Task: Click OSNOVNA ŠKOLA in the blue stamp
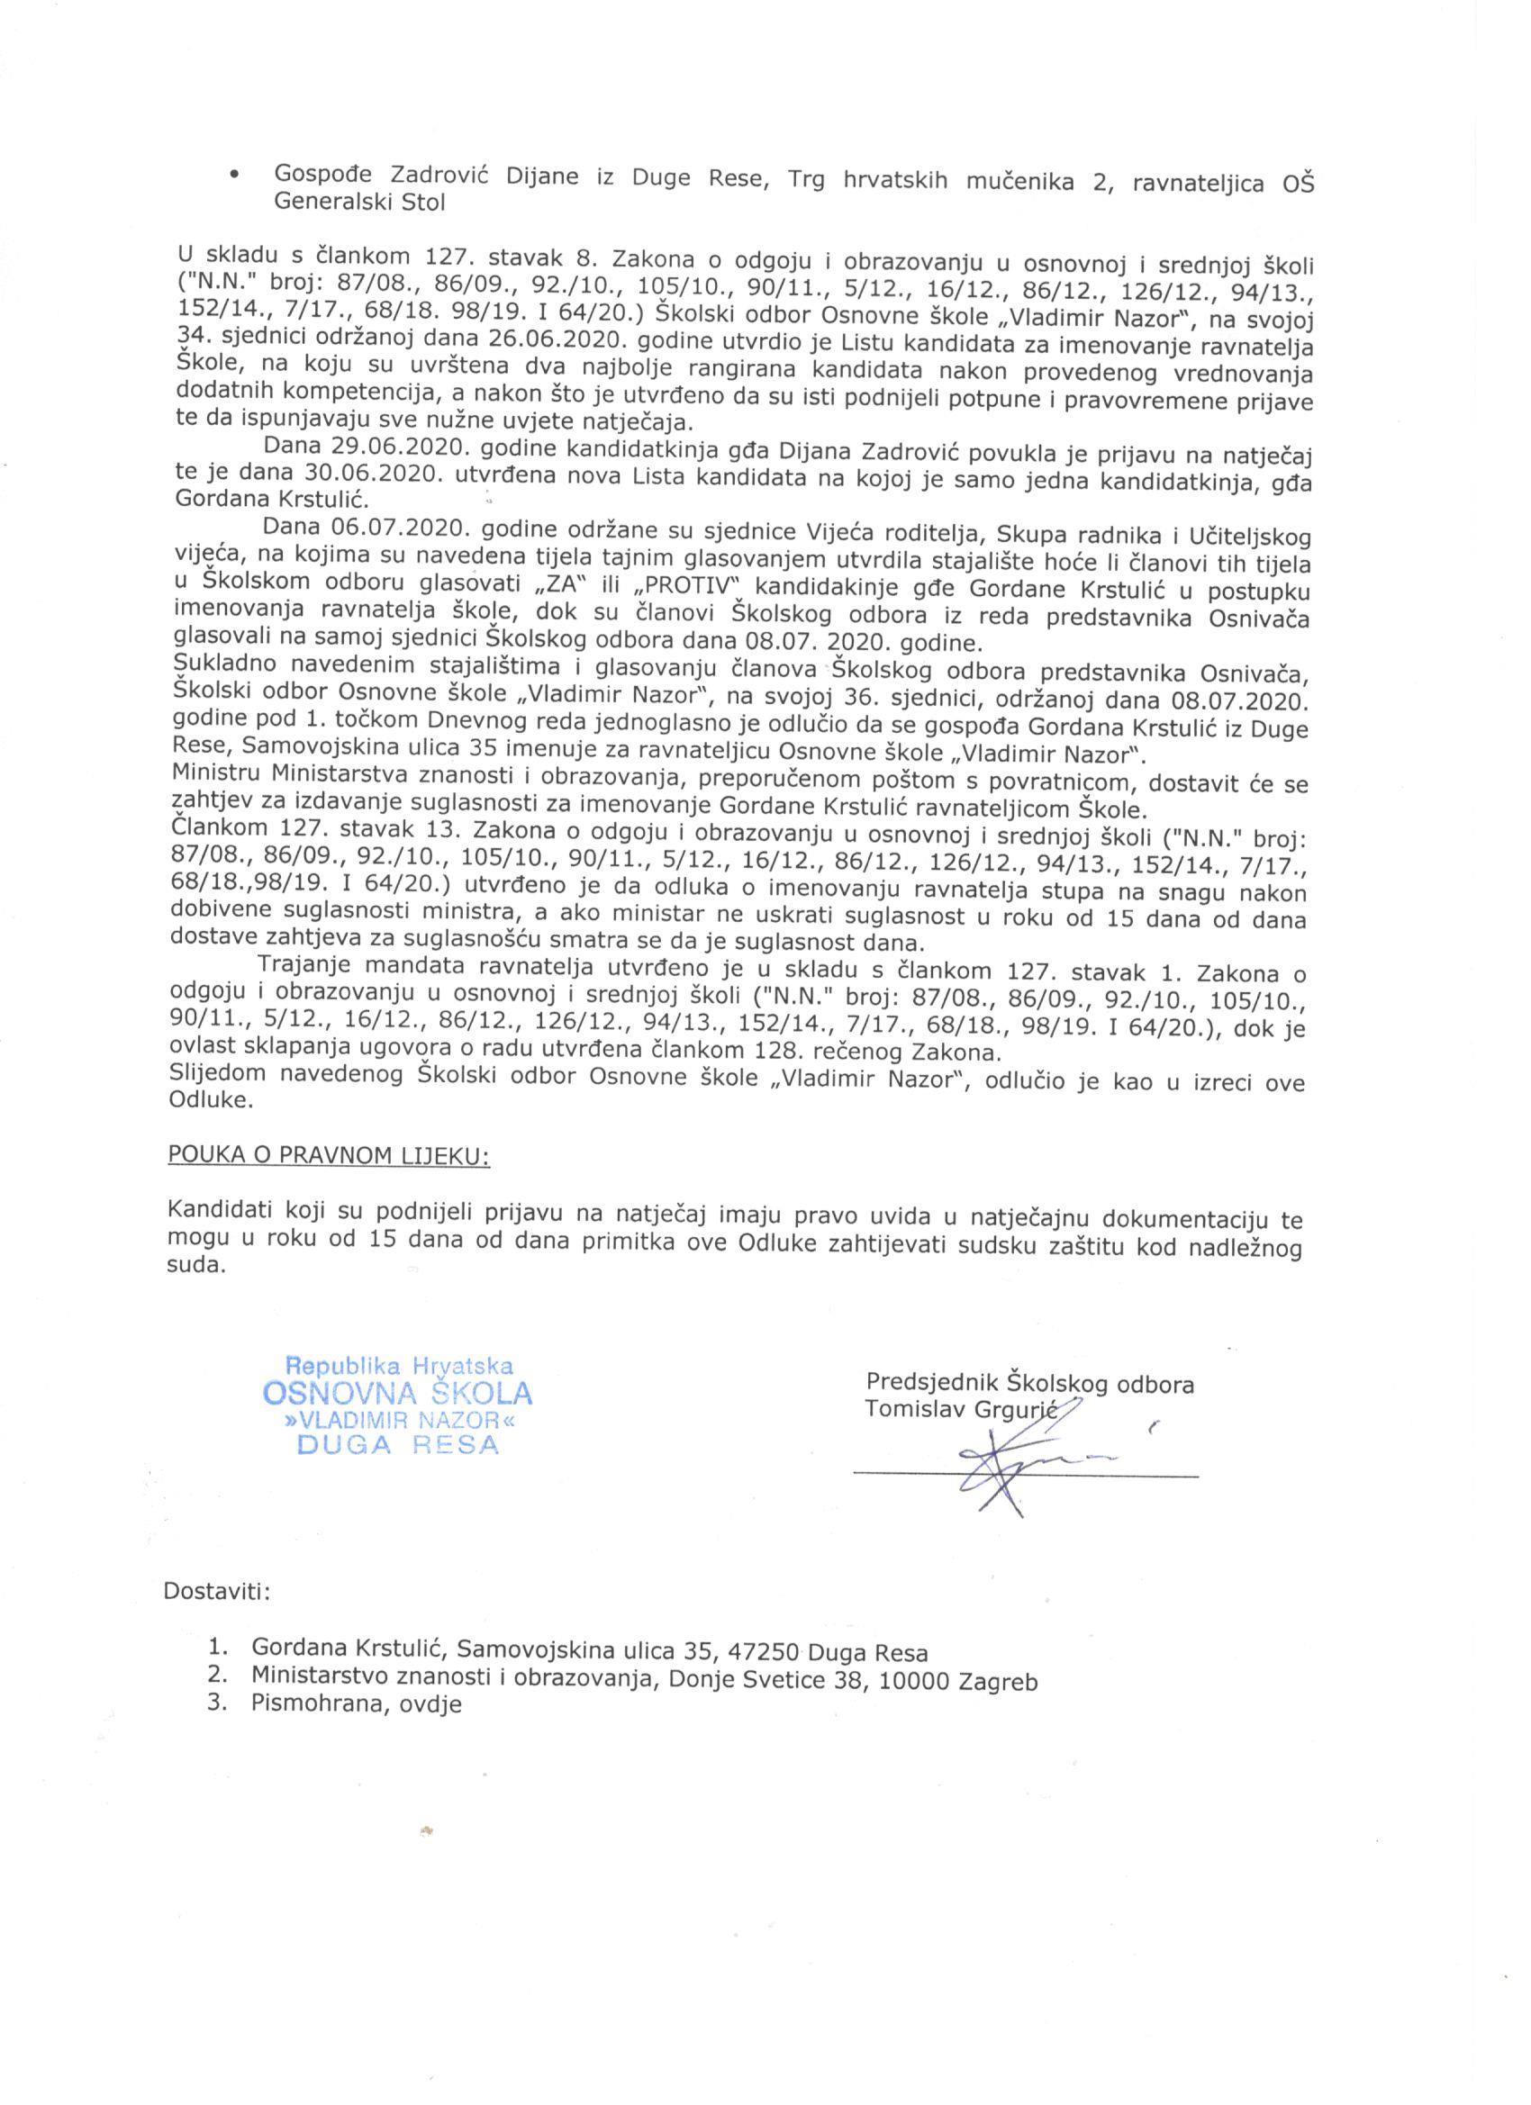click(398, 1393)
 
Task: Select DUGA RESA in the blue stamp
click(397, 1445)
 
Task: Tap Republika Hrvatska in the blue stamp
click(398, 1366)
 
